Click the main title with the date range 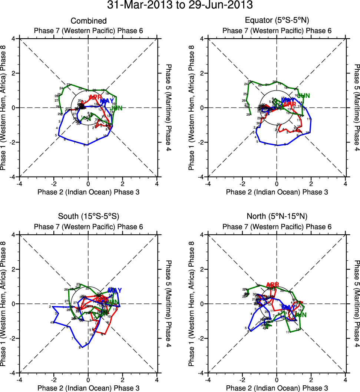tap(180, 6)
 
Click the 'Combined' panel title tap(89, 21)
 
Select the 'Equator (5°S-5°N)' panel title tap(277, 21)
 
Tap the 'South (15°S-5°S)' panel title tap(89, 217)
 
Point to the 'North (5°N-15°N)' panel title tap(277, 217)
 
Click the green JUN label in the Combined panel tap(117, 108)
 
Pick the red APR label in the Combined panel tap(95, 97)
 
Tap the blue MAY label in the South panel tap(115, 290)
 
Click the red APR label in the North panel tap(273, 285)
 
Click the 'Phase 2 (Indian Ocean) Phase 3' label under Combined tap(89, 192)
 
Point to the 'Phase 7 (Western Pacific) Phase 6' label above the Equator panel tap(277, 30)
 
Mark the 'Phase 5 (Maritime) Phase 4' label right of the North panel tap(357, 304)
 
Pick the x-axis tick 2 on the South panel tap(123, 380)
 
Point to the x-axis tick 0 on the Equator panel tap(277, 184)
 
